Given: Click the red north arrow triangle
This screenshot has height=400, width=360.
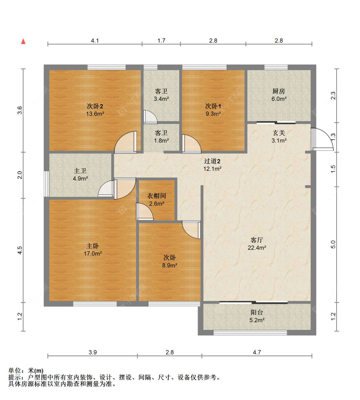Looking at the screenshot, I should pyautogui.click(x=23, y=41).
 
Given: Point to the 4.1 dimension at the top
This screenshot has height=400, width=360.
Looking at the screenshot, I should pyautogui.click(x=95, y=41).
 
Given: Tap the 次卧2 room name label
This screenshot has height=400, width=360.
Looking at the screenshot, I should pyautogui.click(x=95, y=106).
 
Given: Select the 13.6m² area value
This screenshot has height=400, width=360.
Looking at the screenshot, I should pyautogui.click(x=95, y=114).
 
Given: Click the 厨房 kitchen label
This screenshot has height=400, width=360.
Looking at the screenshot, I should pyautogui.click(x=279, y=91).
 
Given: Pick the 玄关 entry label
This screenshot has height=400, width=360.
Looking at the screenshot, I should pyautogui.click(x=279, y=133).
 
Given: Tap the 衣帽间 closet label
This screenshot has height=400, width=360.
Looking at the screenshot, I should pyautogui.click(x=156, y=196).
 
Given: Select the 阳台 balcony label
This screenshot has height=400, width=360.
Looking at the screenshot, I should pyautogui.click(x=257, y=312).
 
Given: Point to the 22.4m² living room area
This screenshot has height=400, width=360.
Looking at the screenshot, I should pyautogui.click(x=257, y=248).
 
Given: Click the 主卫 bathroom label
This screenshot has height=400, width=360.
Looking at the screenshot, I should pyautogui.click(x=80, y=171).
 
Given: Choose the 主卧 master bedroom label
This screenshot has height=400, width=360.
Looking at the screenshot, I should pyautogui.click(x=92, y=246).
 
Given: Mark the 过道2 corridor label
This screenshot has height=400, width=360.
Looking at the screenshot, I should pyautogui.click(x=212, y=161).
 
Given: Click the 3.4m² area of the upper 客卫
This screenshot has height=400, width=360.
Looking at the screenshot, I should pyautogui.click(x=161, y=99).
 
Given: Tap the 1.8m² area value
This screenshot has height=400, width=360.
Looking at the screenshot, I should pyautogui.click(x=161, y=141).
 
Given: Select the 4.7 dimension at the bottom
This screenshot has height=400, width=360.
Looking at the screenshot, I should pyautogui.click(x=257, y=352).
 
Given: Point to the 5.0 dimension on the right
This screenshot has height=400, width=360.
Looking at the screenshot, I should pyautogui.click(x=333, y=244).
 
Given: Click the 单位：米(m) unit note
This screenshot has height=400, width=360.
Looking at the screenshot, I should pyautogui.click(x=26, y=371).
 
